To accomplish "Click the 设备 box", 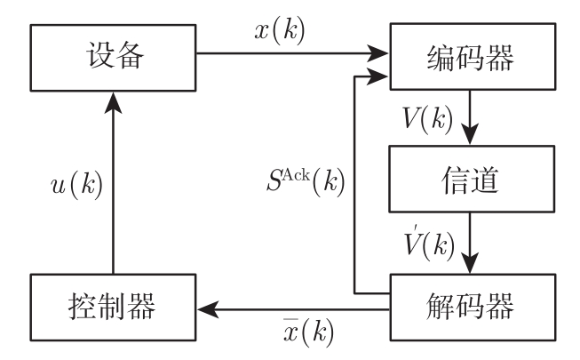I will click(113, 54).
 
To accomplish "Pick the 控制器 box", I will click(113, 307).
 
